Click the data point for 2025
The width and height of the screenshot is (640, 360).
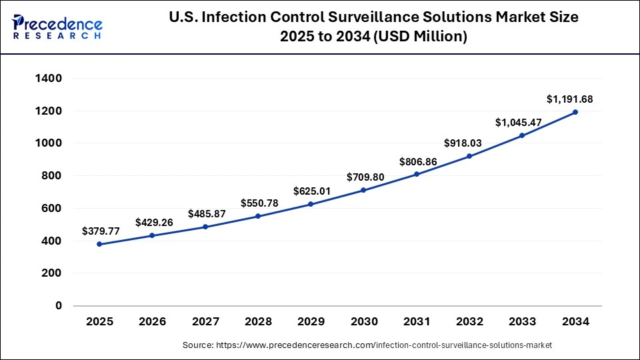click(99, 244)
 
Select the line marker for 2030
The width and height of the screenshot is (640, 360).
click(364, 190)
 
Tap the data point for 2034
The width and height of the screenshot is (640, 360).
click(575, 112)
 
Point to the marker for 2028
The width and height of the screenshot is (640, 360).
click(258, 216)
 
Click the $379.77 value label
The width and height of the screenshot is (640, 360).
click(101, 231)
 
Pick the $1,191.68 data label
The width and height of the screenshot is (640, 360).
click(569, 99)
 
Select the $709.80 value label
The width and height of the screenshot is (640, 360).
click(365, 177)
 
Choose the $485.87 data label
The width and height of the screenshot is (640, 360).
click(207, 214)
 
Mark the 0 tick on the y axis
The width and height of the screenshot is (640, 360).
click(58, 306)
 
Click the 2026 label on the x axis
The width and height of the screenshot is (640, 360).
click(153, 322)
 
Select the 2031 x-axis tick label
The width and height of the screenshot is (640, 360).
click(417, 322)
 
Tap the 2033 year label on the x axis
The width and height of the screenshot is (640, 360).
click(523, 322)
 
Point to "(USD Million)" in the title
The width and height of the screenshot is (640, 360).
click(424, 37)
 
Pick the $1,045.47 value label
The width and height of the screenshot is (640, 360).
click(518, 123)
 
